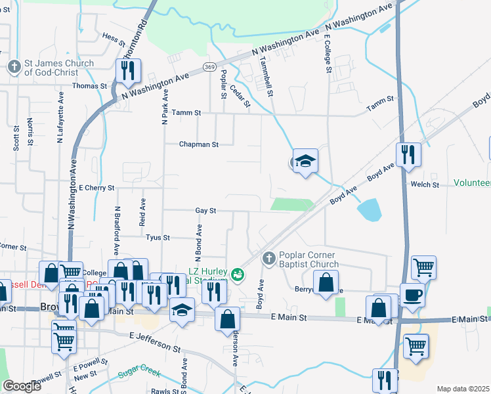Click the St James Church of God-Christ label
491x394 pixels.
coord(59,68)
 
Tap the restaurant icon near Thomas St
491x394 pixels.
coord(128,70)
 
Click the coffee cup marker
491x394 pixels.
coord(412,295)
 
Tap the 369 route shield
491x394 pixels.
coord(209,67)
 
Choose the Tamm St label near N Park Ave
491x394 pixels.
coord(186,113)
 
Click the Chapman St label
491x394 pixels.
coord(198,144)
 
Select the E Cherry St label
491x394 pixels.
coord(96,188)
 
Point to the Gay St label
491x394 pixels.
coord(205,211)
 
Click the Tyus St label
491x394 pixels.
coord(158,238)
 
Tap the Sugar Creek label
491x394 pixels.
coord(139,374)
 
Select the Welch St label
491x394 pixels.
coord(425,185)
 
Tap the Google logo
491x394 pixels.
coord(22,385)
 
